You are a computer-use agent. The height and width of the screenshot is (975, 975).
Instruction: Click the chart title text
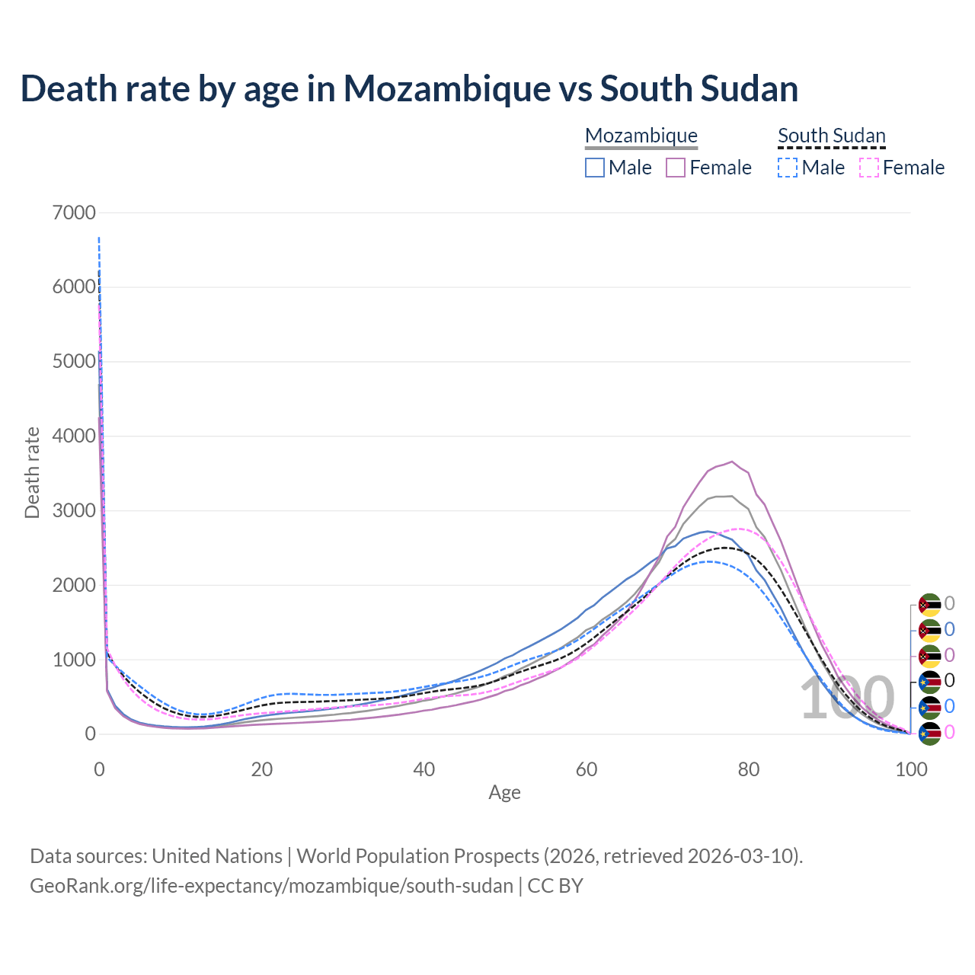coord(409,89)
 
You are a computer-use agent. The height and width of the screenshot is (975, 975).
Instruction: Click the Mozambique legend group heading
coord(641,136)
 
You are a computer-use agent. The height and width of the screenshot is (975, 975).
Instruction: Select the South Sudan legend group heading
coord(832,136)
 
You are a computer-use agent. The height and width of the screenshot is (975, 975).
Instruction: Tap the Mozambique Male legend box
coord(595,168)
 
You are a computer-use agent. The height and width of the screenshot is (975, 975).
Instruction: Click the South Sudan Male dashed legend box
coord(788,168)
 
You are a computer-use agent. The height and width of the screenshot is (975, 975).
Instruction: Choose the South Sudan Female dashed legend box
coord(869,168)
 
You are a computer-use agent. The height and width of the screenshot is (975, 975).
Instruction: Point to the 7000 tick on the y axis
coord(75,213)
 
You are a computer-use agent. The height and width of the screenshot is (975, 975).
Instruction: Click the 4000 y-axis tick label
coord(75,436)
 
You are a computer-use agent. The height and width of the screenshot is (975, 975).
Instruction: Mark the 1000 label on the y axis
coord(75,660)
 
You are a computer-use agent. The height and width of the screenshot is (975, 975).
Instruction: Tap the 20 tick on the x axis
coord(261,769)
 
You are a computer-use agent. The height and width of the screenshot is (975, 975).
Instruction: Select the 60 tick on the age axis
coord(587,769)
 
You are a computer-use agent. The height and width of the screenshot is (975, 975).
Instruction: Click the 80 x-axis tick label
coord(749,769)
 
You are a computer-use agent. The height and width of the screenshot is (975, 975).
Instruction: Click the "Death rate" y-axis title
coord(32,473)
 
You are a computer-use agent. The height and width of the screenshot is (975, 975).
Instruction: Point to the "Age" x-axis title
coord(504,793)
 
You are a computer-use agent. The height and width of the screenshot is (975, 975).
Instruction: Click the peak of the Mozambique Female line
coord(732,462)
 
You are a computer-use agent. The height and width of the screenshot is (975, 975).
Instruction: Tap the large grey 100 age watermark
coord(847,698)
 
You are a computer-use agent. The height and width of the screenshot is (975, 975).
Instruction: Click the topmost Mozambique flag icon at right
coord(929,605)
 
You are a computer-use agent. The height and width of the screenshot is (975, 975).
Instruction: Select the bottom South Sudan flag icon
coord(929,733)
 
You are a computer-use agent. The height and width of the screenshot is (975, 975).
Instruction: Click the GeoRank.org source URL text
coord(271,886)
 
